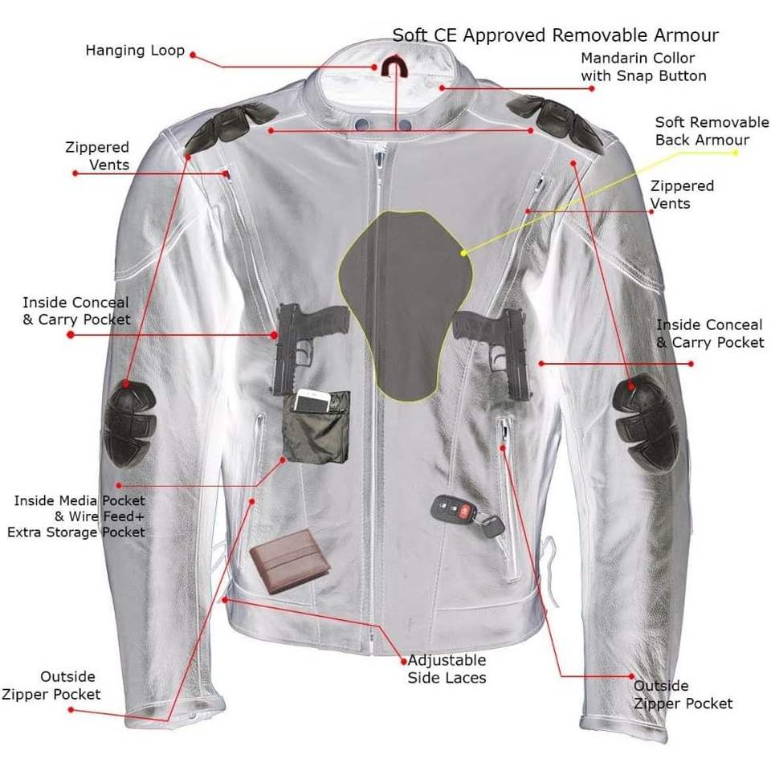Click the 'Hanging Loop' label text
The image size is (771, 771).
[x=135, y=51]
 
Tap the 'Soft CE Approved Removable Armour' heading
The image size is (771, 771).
[x=555, y=35]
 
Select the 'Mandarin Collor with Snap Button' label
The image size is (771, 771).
[x=643, y=67]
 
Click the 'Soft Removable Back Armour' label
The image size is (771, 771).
[x=712, y=131]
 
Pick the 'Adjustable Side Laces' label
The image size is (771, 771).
[x=447, y=668]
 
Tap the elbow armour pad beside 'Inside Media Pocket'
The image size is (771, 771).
[x=129, y=423]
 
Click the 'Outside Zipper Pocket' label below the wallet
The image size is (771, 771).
[x=61, y=685]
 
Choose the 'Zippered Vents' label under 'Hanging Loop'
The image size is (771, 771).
[x=98, y=156]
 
